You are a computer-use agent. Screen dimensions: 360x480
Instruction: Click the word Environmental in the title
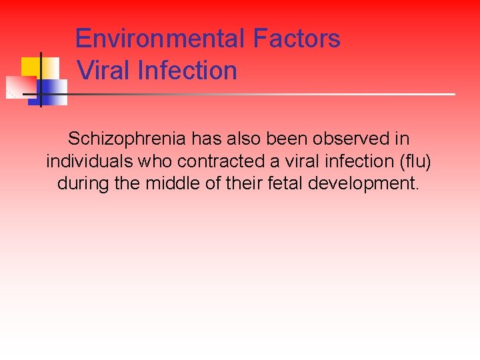point(160,39)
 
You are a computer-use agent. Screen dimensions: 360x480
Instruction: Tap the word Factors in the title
point(297,39)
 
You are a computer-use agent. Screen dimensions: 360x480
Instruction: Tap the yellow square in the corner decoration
point(31,67)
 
